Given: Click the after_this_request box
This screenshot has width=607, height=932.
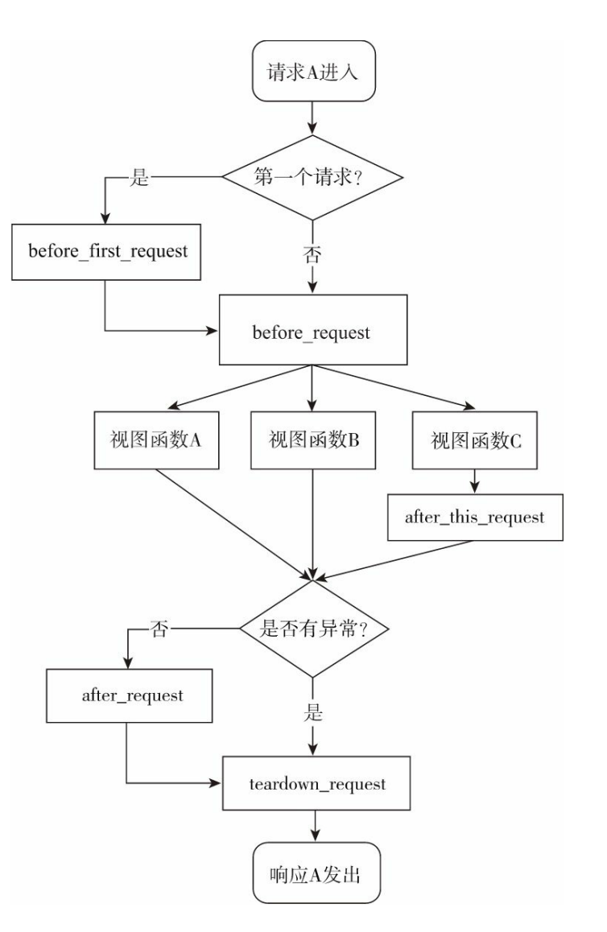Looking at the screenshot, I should coord(473,516).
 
